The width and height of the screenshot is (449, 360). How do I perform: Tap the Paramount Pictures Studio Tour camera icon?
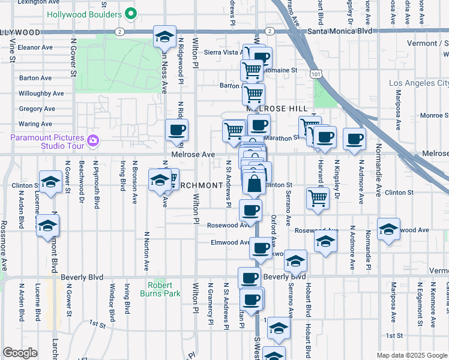93,140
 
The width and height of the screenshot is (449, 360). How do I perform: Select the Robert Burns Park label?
160,289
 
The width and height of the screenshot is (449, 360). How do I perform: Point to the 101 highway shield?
316,73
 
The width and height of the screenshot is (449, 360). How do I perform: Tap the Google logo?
20,353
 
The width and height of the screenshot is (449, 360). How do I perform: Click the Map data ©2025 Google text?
411,355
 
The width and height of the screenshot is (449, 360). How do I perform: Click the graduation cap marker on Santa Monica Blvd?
164,37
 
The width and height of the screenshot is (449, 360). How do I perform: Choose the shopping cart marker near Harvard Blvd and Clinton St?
318,197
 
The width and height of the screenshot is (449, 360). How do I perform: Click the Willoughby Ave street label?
41,94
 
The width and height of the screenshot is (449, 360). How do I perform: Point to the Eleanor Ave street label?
36,47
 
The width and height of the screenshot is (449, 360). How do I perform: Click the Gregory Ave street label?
37,109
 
